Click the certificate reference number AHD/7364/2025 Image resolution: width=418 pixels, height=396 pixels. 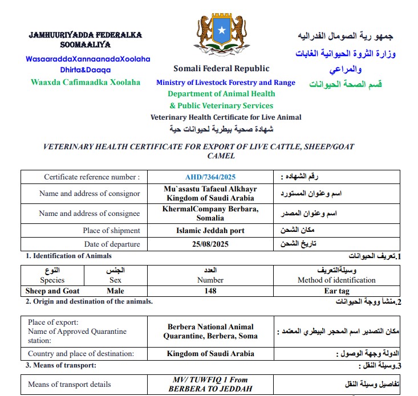[210, 177]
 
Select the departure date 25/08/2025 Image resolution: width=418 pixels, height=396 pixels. [210, 244]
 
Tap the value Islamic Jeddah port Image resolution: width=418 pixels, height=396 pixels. [210, 231]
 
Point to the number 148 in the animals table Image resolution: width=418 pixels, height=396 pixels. [210, 291]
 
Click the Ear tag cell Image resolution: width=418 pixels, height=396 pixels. [336, 291]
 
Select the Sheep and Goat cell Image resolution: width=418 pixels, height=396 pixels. [52, 291]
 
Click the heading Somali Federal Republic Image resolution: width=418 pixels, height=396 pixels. [221, 69]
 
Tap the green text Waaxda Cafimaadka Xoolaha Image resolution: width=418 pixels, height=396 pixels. [86, 82]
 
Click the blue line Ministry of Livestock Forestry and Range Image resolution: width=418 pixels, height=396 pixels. [226, 83]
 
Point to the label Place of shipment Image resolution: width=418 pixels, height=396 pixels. [111, 231]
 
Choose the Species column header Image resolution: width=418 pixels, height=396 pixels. [52, 280]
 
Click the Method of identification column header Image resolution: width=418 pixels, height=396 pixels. [336, 280]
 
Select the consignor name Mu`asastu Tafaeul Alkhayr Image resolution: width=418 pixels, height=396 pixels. [210, 189]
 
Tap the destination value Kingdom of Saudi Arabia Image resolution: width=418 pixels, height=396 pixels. [210, 353]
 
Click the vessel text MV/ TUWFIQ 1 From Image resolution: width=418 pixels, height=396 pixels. [210, 379]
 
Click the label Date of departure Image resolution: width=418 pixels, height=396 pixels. [112, 244]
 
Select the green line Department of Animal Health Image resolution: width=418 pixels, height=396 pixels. [221, 94]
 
